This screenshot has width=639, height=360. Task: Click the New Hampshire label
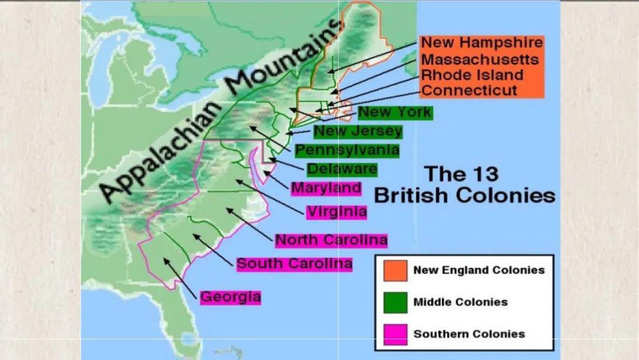point(481,43)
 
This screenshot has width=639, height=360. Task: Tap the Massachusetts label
point(480,60)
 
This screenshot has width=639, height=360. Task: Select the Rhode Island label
point(472,75)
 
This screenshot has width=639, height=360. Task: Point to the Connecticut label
point(469,91)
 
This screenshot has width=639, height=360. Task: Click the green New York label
point(395,112)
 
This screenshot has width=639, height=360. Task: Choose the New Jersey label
point(358,131)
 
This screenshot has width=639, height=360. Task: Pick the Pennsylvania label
point(347,150)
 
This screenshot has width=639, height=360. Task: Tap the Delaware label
point(342,169)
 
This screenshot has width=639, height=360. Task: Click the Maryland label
point(327,188)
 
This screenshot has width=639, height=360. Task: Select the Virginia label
point(337,211)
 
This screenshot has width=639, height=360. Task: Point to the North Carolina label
point(331,240)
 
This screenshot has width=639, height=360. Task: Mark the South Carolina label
point(295,263)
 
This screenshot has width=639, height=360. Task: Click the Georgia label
point(230,296)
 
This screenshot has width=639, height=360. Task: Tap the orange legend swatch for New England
point(395,270)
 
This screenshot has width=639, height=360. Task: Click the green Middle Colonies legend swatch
point(395,302)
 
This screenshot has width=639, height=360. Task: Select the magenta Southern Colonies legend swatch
point(395,333)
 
